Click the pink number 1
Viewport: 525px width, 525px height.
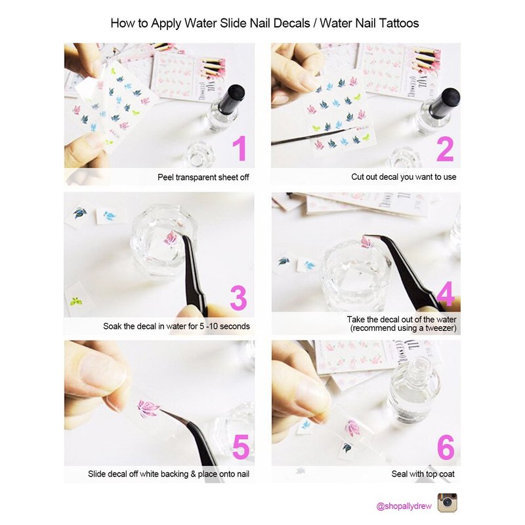240,148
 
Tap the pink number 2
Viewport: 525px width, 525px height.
446,149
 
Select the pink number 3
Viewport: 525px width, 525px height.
238,298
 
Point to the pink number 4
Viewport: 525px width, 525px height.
446,293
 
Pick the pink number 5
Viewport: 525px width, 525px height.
241,447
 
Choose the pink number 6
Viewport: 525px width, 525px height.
446,447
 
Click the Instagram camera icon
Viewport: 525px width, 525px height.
448,503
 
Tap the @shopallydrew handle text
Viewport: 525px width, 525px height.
404,506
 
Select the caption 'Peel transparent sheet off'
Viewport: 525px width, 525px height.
203,177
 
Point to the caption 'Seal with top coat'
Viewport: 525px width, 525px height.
423,474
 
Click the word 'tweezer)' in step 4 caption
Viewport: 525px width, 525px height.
440,328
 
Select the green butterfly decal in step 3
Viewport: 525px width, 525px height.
76,301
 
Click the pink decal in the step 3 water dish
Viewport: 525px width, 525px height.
171,239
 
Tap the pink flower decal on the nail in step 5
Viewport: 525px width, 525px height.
147,408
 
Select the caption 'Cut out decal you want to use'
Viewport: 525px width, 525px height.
404,177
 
